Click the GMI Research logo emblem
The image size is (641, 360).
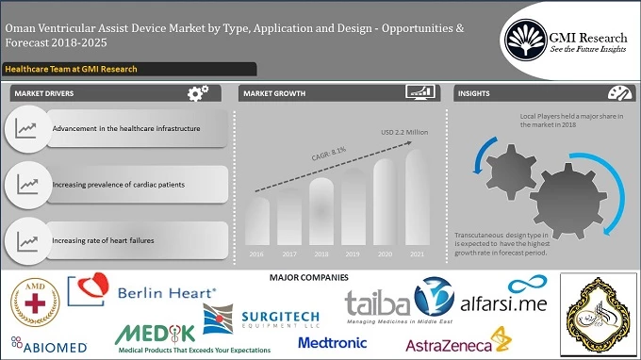click(x=527, y=38)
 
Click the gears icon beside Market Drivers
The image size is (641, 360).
click(x=198, y=93)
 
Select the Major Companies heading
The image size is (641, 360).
click(x=308, y=277)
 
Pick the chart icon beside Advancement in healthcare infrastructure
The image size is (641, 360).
click(x=27, y=127)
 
